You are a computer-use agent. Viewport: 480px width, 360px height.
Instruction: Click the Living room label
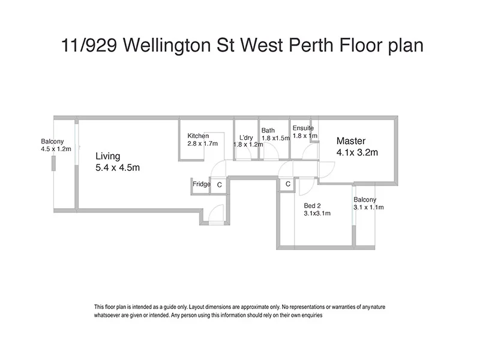pyautogui.click(x=108, y=156)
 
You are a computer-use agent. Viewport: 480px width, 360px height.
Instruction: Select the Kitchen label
pyautogui.click(x=198, y=136)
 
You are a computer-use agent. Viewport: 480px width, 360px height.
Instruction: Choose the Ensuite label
pyautogui.click(x=304, y=128)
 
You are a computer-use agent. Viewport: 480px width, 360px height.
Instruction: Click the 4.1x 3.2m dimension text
pyautogui.click(x=358, y=152)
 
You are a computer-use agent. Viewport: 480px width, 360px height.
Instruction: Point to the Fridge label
pyautogui.click(x=201, y=184)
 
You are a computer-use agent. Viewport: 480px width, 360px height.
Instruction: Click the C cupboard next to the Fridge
pyautogui.click(x=220, y=185)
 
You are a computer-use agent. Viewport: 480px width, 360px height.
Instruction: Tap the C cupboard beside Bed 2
pyautogui.click(x=289, y=184)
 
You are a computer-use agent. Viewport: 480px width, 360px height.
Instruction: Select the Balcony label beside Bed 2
pyautogui.click(x=365, y=200)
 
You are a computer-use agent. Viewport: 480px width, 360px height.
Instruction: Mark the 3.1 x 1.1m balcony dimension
pyautogui.click(x=369, y=208)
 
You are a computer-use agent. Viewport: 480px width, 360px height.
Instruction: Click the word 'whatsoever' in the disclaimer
pyautogui.click(x=108, y=315)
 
